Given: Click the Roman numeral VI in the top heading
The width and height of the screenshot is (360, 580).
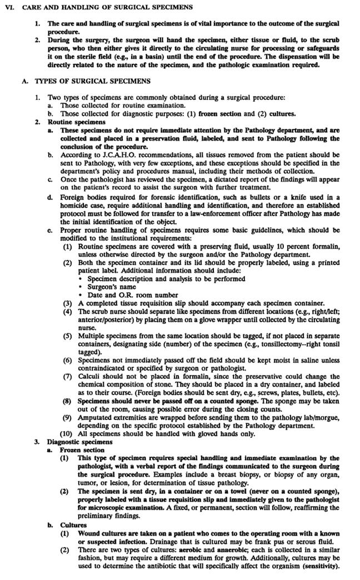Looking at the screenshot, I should (8, 7).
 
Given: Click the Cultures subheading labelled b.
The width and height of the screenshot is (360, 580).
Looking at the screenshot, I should (73, 524).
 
